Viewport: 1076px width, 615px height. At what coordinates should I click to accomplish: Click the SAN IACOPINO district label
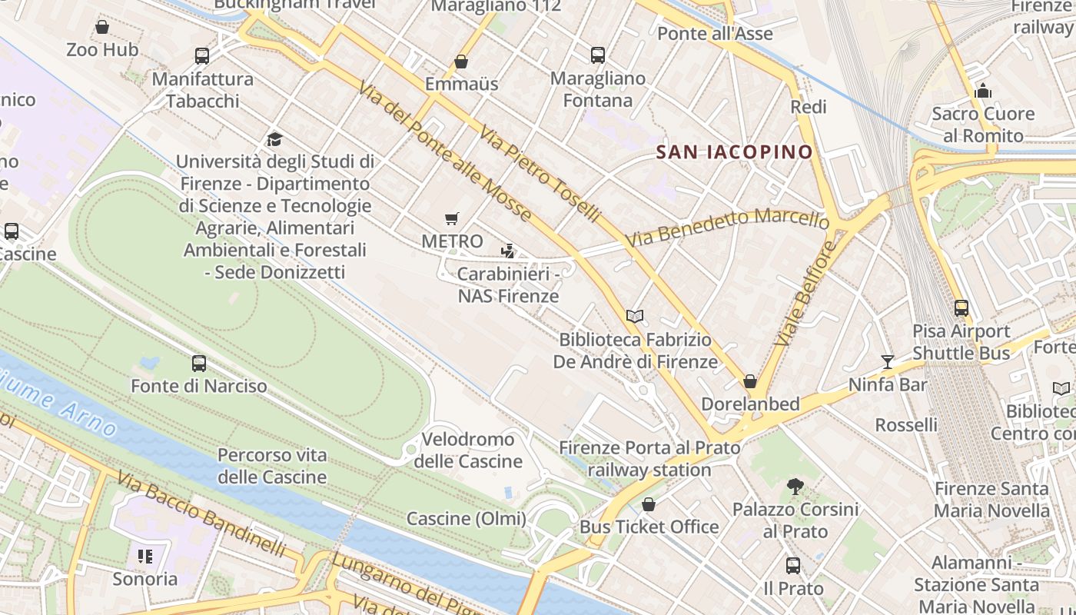[x=734, y=152]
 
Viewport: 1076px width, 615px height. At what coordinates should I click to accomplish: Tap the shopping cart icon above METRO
[x=452, y=219]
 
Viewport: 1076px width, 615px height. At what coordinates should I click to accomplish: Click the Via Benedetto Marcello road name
[x=726, y=227]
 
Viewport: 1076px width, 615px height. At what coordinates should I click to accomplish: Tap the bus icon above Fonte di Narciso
[x=199, y=364]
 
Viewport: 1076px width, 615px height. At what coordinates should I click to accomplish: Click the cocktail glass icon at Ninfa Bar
[x=888, y=361]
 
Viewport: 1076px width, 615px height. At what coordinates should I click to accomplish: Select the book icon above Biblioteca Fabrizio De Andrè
[x=634, y=316]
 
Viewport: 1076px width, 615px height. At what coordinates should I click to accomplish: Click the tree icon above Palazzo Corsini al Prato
[x=795, y=487]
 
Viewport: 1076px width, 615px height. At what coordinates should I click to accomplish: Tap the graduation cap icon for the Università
[x=274, y=139]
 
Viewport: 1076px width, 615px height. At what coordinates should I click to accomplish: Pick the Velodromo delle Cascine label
[x=468, y=450]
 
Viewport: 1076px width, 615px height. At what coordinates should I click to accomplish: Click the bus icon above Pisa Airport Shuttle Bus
[x=961, y=308]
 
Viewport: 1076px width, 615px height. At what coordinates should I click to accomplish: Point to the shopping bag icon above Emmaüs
[x=461, y=61]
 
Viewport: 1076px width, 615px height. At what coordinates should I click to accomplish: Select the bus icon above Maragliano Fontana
[x=597, y=55]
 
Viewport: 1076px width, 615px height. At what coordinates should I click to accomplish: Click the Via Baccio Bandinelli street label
[x=201, y=514]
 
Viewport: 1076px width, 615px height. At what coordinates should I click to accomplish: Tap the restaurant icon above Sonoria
[x=144, y=556]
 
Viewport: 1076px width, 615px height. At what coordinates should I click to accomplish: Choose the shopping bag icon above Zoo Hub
[x=102, y=28]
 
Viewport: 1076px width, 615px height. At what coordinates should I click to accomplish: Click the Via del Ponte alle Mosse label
[x=444, y=151]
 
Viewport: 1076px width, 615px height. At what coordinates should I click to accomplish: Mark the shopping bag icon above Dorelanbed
[x=750, y=381]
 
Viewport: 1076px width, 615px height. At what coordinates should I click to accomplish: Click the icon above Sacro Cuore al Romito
[x=983, y=91]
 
